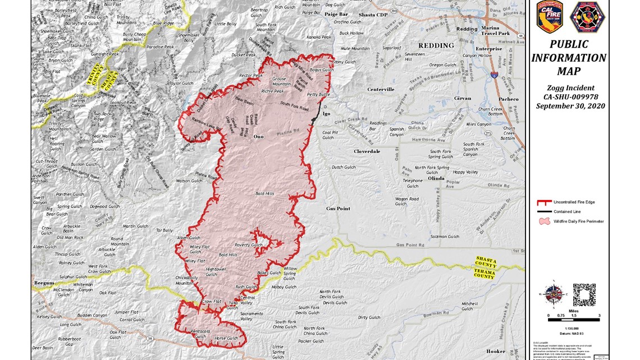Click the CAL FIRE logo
click(x=549, y=16)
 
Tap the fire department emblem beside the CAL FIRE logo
click(x=587, y=16)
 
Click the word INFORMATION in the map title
click(x=568, y=58)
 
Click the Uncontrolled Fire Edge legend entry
click(x=572, y=202)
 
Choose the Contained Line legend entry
click(x=568, y=211)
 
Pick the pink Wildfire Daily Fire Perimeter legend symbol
click(x=544, y=221)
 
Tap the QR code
click(x=584, y=294)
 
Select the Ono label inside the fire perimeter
click(x=258, y=136)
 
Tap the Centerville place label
click(x=381, y=89)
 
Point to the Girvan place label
click(x=462, y=98)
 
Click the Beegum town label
click(x=44, y=283)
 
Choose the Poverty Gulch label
click(x=249, y=245)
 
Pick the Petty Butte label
click(x=318, y=95)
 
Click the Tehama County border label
click(x=484, y=274)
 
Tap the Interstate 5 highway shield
click(x=494, y=74)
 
